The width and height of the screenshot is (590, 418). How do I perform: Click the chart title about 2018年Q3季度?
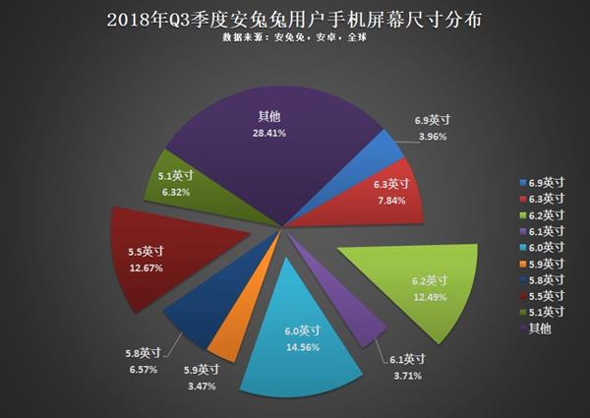[x=294, y=19]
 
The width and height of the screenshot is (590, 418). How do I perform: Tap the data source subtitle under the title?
[x=294, y=40]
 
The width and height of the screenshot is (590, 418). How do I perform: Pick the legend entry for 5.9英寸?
[x=544, y=265]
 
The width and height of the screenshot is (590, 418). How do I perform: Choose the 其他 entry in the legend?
[x=540, y=328]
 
